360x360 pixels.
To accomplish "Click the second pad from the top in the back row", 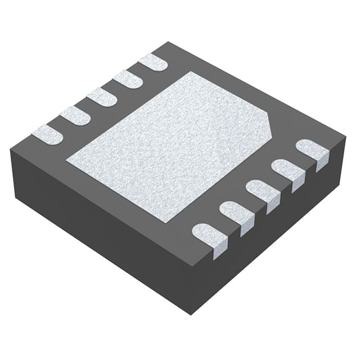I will click(127, 79).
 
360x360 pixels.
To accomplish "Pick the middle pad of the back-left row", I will click(101, 97).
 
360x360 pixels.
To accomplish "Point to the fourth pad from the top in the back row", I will click(75, 115).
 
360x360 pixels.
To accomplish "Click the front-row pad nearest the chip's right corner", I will click(312, 151).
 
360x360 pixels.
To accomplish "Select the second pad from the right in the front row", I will click(287, 170).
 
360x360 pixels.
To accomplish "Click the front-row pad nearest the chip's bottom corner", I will click(210, 235).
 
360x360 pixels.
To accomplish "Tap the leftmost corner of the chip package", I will click(10, 147).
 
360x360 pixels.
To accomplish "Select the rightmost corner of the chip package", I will click(345, 135).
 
